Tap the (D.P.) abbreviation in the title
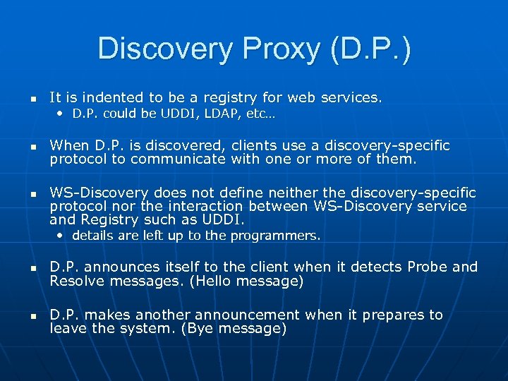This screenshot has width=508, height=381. point(369,49)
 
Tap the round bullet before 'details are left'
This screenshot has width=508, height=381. point(62,236)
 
